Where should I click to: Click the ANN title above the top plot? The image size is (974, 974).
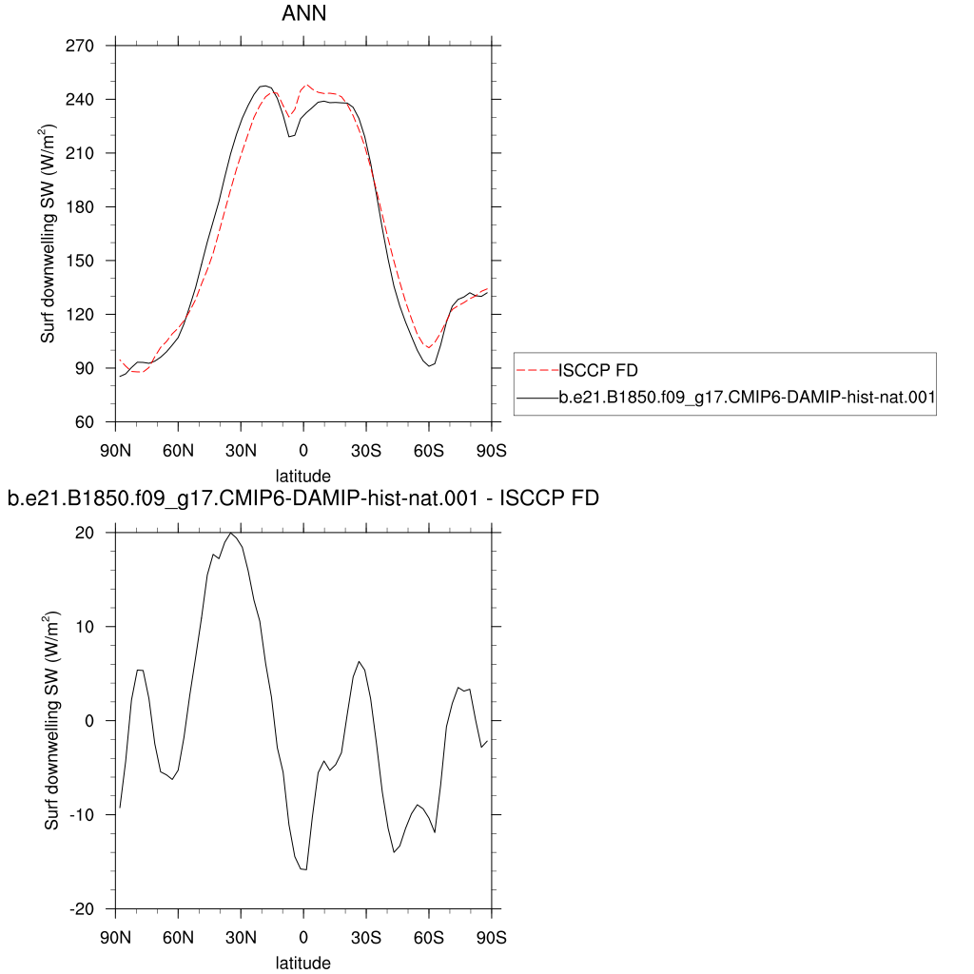[303, 13]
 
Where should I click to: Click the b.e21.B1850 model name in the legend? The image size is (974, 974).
[747, 397]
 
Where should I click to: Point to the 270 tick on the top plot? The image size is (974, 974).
[80, 46]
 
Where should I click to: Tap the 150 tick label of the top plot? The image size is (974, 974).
[80, 261]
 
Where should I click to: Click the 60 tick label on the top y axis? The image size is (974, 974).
[84, 422]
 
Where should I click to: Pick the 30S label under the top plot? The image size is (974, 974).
[366, 451]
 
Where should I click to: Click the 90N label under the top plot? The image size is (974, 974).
[115, 451]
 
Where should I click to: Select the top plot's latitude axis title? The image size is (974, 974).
[303, 477]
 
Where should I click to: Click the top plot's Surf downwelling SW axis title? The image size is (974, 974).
[48, 234]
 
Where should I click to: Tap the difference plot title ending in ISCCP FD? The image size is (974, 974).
[303, 498]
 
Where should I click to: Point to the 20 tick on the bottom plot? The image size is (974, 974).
[85, 533]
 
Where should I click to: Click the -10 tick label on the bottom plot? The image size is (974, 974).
[81, 815]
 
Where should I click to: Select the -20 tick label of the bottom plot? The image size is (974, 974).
[81, 909]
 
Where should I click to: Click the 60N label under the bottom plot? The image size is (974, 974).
[178, 938]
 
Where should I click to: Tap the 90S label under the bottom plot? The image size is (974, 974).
[492, 938]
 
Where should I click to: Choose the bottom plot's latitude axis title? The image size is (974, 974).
[303, 964]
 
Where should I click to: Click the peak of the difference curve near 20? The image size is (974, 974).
[230, 533]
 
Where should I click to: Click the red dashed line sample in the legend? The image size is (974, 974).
[537, 370]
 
